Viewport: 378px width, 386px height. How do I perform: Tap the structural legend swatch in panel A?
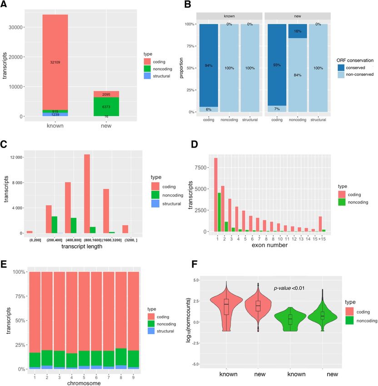[x=147, y=76]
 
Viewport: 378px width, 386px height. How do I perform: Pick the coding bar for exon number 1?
[x=216, y=195]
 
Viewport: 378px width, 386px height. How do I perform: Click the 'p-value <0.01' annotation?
[x=292, y=287]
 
